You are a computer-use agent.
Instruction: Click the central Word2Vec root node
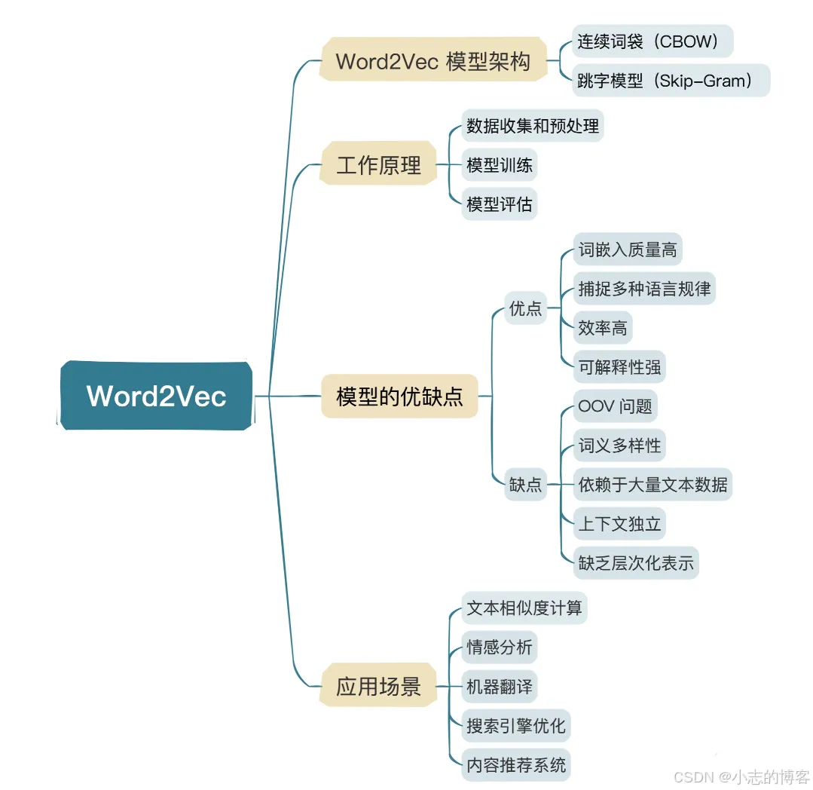pos(156,396)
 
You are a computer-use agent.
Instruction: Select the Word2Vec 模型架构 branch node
pos(432,61)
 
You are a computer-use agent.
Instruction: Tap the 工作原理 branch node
pos(378,164)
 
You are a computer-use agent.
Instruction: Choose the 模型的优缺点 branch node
pos(399,396)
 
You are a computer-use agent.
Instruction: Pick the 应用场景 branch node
pos(378,687)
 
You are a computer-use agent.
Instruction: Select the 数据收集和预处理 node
pos(533,126)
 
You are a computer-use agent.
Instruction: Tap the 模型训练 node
pos(500,165)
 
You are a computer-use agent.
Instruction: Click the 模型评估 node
pos(500,204)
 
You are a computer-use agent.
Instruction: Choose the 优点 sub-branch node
pos(525,308)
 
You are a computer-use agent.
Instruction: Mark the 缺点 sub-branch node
pos(525,485)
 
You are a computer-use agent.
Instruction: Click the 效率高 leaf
pos(602,328)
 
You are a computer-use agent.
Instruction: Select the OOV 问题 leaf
pos(615,406)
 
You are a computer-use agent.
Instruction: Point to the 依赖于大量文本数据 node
pos(653,485)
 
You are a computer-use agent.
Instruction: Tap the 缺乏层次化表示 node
pos(636,563)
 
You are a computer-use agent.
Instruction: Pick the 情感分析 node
pos(500,648)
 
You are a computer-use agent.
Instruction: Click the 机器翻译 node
pos(500,687)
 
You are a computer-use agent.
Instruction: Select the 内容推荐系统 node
pos(516,765)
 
